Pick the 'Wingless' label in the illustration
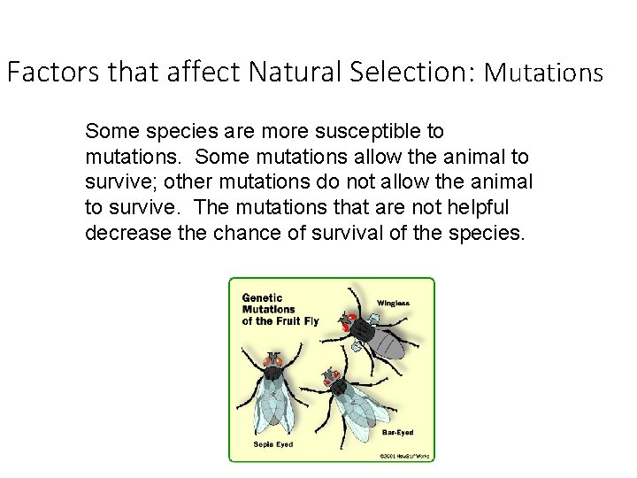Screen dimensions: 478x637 394,303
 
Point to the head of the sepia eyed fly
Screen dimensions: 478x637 272,361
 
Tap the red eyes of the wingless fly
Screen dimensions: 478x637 352,318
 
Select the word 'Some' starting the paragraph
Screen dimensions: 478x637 105,133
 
